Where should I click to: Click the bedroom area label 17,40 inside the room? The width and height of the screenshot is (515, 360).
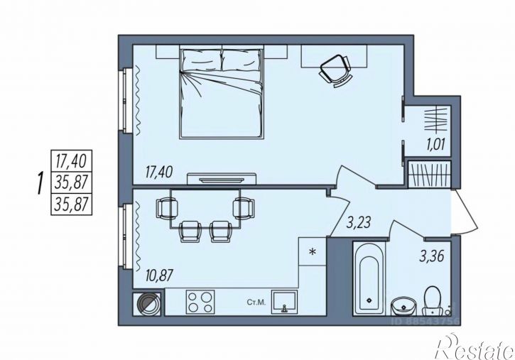point(158,172)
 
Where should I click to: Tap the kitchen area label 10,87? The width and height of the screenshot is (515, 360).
point(158,275)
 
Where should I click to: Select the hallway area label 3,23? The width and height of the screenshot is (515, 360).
point(359,222)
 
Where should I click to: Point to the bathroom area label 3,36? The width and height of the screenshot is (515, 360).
point(432,256)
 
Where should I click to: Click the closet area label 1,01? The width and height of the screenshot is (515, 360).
point(435,144)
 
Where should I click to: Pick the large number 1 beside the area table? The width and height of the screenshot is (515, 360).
point(40,183)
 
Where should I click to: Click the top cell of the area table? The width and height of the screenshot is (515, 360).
point(71,160)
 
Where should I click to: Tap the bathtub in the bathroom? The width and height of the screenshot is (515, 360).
point(369,278)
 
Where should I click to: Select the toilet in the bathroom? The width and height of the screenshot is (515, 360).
point(432,300)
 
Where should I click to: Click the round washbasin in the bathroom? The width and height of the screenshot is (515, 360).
point(403,306)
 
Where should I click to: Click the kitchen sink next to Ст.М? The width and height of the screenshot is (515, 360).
point(284,302)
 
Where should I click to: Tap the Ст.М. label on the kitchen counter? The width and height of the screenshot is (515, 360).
point(256,302)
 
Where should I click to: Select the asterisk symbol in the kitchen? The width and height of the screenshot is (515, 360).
point(313,251)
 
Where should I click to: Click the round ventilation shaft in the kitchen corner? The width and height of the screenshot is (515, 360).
point(147,304)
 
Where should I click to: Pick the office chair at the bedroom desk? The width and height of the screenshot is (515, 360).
point(336,71)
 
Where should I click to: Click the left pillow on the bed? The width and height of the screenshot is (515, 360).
point(201,60)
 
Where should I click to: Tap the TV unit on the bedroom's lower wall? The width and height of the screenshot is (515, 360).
point(222,179)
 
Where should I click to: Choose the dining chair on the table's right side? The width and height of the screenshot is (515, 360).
point(244,208)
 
